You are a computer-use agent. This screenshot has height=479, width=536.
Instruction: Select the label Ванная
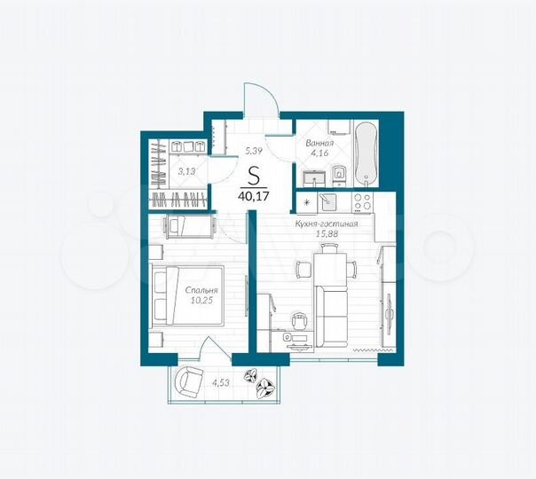coord(319,143)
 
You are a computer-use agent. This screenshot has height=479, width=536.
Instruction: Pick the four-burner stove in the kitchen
coord(363,201)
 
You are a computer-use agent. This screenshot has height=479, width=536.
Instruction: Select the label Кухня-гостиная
coord(327,224)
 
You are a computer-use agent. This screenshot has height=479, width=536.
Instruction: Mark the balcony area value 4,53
coord(219,382)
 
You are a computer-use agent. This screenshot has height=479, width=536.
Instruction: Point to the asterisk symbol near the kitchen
coord(306,202)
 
